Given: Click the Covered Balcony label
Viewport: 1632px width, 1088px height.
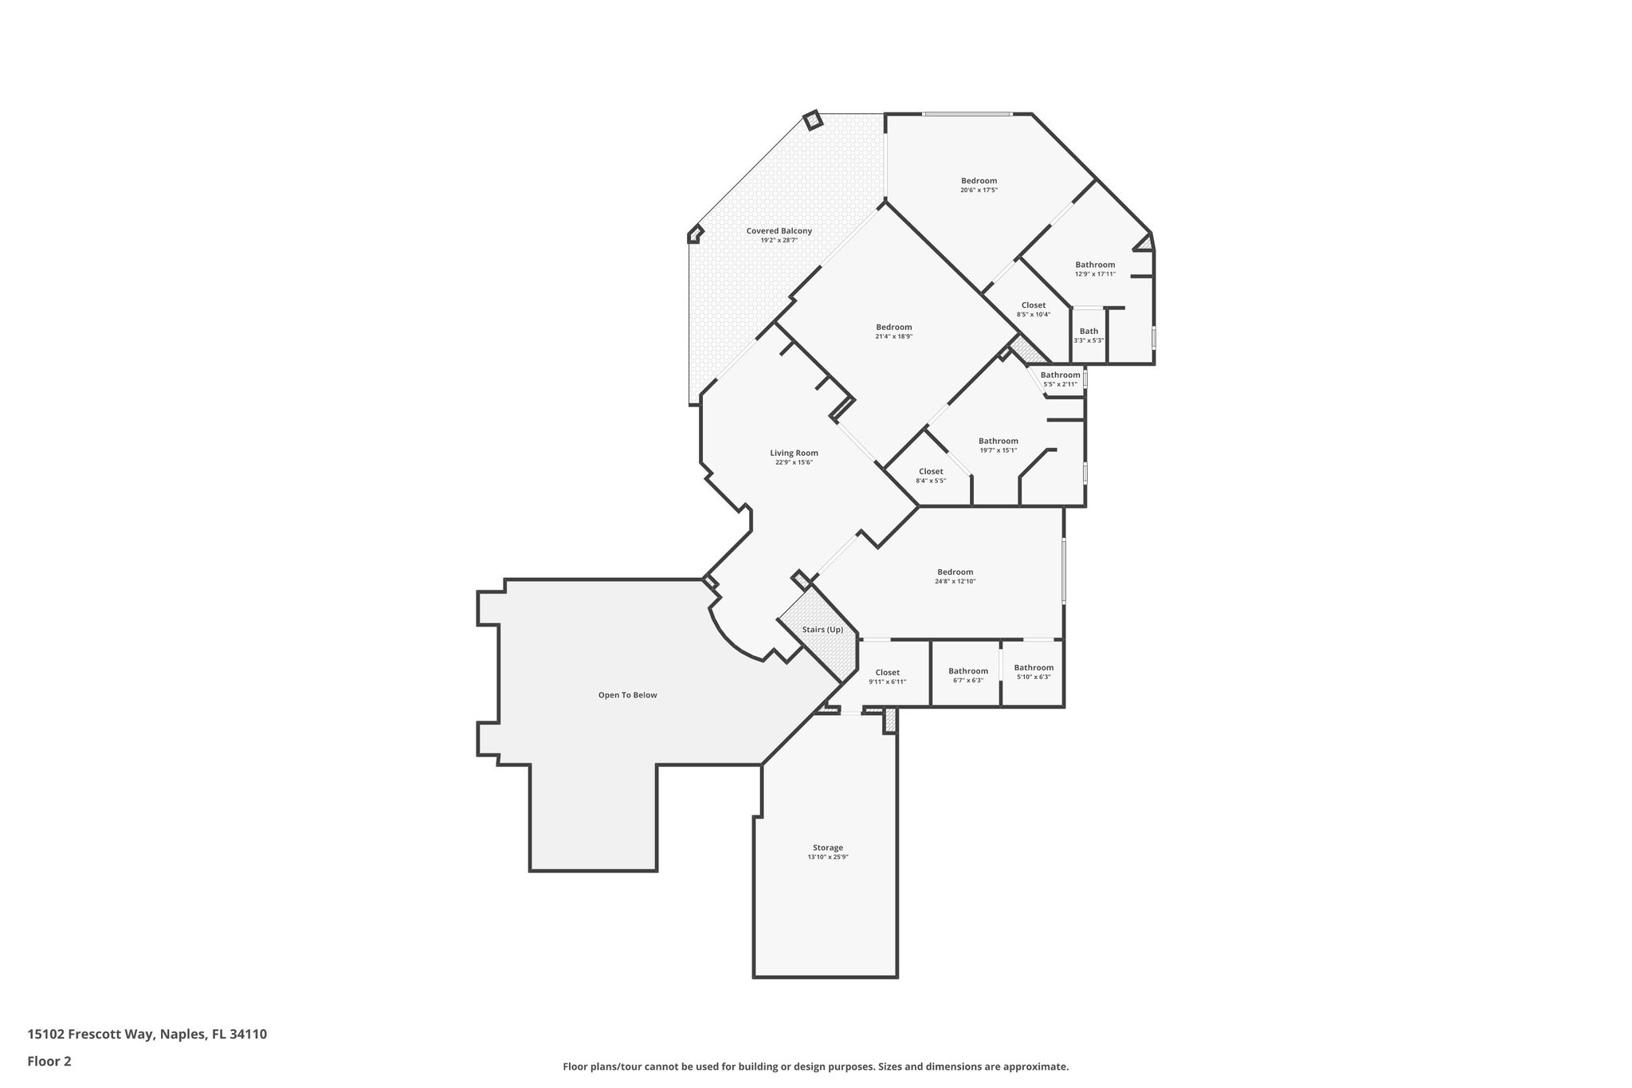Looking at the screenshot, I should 779,231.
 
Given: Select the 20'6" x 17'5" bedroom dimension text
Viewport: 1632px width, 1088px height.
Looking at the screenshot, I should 979,190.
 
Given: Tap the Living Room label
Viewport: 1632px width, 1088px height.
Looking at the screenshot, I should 794,453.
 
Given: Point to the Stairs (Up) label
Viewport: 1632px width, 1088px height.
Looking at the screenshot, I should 822,630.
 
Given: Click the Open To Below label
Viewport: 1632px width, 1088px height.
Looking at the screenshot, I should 627,695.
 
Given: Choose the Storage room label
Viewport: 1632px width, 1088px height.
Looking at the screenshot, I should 827,847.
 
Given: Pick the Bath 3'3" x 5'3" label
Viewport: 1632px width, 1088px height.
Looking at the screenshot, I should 1089,332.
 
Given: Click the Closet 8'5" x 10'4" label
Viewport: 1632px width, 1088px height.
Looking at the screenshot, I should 1033,305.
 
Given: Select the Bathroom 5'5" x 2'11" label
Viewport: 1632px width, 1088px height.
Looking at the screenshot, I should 1060,375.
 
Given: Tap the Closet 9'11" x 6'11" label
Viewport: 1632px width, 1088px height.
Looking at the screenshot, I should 887,673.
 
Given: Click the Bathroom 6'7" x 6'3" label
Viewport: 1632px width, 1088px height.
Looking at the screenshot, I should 967,671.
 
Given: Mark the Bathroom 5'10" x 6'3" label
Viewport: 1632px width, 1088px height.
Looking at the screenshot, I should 1034,668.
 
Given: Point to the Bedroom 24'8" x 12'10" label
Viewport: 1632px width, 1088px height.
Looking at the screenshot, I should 955,572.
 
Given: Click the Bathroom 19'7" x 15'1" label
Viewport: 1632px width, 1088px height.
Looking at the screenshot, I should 998,442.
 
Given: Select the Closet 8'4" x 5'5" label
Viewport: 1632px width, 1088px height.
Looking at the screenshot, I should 930,472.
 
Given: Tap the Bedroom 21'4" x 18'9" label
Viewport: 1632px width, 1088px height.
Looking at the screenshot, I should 893,328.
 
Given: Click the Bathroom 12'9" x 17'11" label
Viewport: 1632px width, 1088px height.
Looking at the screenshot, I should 1095,265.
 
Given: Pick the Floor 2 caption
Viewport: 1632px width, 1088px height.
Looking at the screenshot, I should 49,1061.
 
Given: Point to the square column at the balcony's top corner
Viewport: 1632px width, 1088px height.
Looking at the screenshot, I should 812,120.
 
